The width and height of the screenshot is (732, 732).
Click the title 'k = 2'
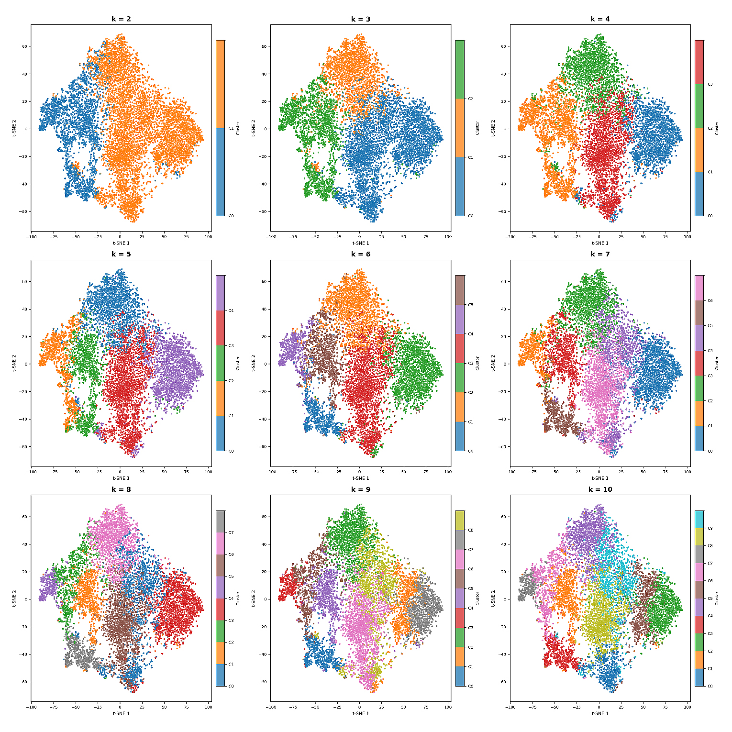pyautogui.click(x=121, y=19)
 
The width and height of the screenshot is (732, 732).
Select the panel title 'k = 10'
pyautogui.click(x=600, y=489)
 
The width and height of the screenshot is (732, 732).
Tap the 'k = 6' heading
pyautogui.click(x=360, y=254)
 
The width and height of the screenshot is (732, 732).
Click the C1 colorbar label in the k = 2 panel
pyautogui.click(x=231, y=128)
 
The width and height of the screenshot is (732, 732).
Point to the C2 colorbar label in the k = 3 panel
pyautogui.click(x=470, y=99)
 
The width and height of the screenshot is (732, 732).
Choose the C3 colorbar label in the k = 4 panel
pyautogui.click(x=710, y=84)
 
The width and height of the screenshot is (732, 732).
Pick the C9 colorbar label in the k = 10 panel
pyautogui.click(x=710, y=528)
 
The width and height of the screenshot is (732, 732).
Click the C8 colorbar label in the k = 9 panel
pyautogui.click(x=470, y=530)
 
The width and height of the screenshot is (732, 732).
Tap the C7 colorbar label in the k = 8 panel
pyautogui.click(x=231, y=532)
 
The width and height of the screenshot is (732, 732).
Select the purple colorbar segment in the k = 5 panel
pyautogui.click(x=220, y=293)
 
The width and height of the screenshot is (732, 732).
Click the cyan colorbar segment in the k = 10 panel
pyautogui.click(x=699, y=519)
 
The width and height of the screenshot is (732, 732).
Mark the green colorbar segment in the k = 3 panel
pyautogui.click(x=460, y=69)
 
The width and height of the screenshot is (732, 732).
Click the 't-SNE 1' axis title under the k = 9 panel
pyautogui.click(x=360, y=713)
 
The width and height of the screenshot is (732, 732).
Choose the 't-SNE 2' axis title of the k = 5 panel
pyautogui.click(x=14, y=364)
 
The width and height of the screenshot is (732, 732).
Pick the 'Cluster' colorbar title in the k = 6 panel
pyautogui.click(x=477, y=363)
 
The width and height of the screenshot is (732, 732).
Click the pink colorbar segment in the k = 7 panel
pyautogui.click(x=699, y=288)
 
